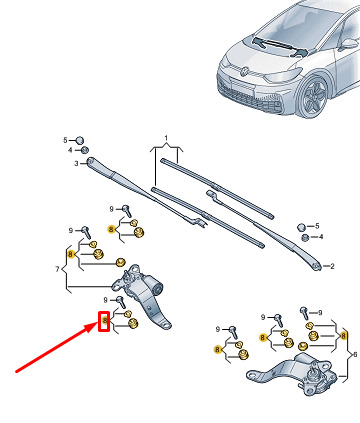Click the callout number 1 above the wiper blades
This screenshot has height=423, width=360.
point(166,138)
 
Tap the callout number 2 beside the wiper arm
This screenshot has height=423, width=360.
point(332,266)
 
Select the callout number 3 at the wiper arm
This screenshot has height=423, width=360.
point(76,164)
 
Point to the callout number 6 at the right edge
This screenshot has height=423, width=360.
point(355,354)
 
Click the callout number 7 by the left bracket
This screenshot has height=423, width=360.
point(57,269)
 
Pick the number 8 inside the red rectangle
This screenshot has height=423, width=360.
point(105,321)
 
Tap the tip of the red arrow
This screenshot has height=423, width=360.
point(98,323)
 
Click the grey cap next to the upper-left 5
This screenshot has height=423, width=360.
point(79,140)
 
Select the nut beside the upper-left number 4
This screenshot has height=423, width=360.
point(84,150)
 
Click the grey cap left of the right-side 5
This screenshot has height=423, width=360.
point(301,227)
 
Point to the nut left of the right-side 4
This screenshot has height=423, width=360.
point(305,238)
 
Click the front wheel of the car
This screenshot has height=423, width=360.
point(313,97)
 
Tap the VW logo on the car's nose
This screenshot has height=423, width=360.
point(245,71)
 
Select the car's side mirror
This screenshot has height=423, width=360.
point(349,44)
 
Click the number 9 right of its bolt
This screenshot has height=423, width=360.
point(320,313)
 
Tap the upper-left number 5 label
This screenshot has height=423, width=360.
point(65,140)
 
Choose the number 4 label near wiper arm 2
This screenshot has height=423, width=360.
point(321,237)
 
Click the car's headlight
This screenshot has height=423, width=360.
point(282,75)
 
